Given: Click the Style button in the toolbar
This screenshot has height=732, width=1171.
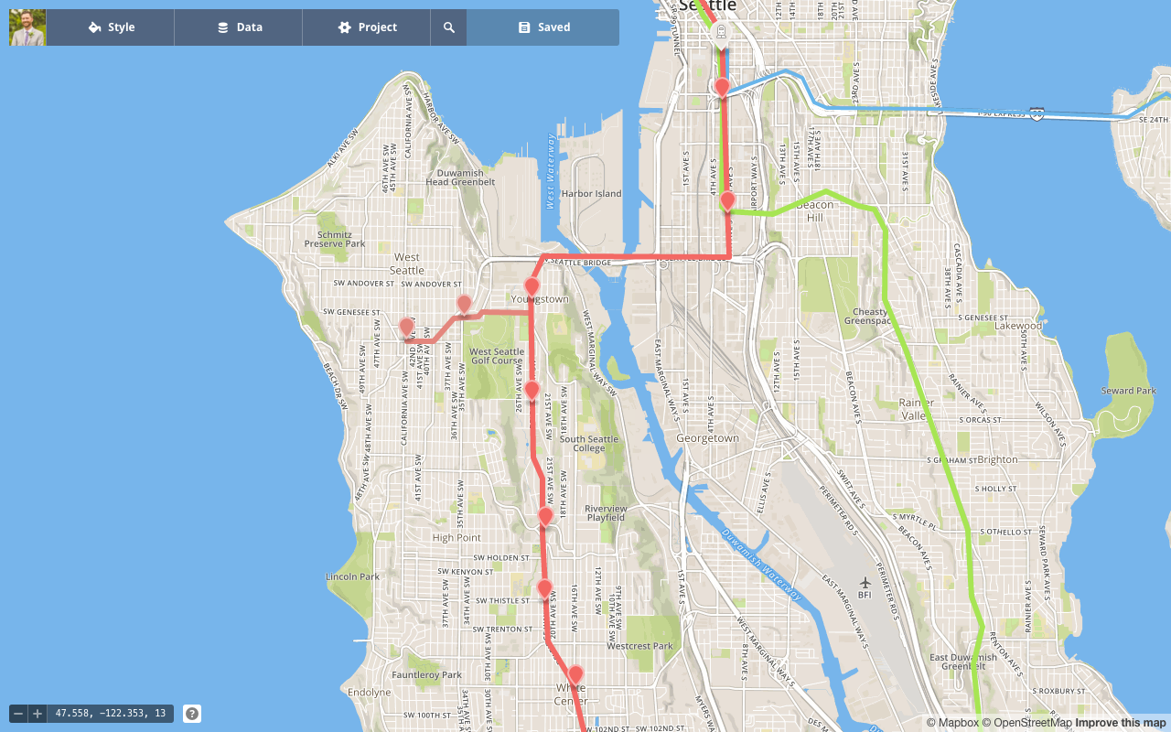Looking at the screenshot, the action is coord(110,27).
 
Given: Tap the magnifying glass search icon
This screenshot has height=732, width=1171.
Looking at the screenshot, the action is coord(449,27).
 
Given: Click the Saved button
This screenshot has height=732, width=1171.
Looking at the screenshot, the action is coord(543,27).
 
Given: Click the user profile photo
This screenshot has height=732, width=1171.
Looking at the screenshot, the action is coord(27,27).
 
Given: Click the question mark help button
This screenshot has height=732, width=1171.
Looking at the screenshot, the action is coord(192,714).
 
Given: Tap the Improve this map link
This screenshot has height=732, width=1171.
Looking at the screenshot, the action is coord(1121,723).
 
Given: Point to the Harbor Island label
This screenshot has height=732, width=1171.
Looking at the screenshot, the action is coord(591,194).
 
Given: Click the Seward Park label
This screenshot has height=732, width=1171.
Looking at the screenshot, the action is coord(1129,391).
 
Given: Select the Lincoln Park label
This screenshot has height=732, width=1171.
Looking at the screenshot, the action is coord(352,577).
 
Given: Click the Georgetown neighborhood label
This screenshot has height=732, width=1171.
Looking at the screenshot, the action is coord(707,438).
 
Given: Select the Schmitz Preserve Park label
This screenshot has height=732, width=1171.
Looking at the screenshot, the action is coord(335,239).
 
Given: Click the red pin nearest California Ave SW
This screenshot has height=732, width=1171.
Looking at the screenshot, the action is coord(406,328).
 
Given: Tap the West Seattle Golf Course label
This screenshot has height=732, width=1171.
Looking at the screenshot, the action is coord(497,356).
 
